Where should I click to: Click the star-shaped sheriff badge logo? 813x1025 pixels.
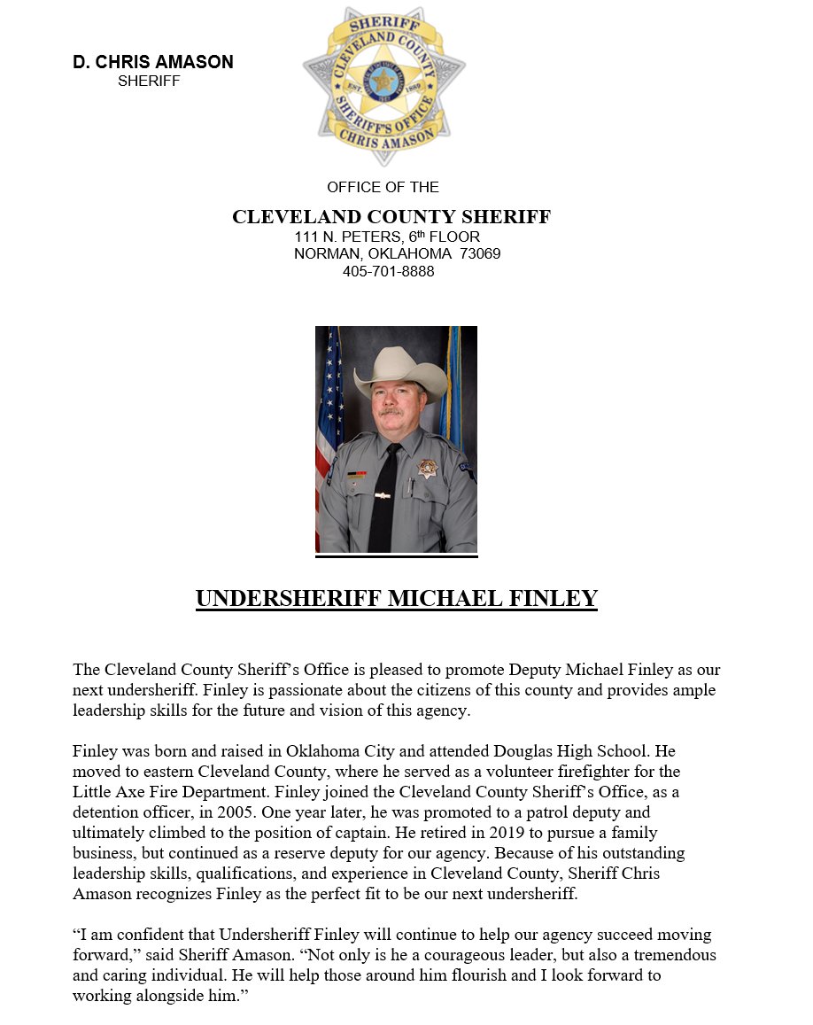383,84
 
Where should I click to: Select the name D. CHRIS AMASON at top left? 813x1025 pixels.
153,62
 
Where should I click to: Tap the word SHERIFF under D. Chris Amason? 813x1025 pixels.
149,82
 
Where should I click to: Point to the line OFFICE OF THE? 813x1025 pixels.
383,187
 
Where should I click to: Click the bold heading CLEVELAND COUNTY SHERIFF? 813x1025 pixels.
391,217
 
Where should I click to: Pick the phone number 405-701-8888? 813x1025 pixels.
388,271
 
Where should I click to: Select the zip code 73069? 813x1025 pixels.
480,254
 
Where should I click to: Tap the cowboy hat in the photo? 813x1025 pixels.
399,369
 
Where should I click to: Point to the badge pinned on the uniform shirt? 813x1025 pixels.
427,468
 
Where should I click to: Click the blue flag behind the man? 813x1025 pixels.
454,390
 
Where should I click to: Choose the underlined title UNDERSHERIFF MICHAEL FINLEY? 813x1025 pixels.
396,599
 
